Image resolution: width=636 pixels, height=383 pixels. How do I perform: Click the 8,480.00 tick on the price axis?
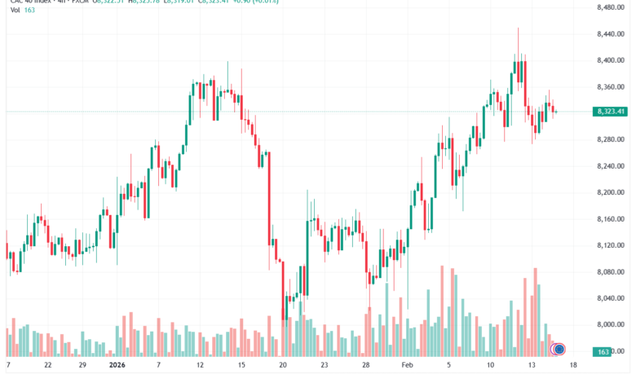pos(610,8)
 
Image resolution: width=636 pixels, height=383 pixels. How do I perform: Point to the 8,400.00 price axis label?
pos(610,61)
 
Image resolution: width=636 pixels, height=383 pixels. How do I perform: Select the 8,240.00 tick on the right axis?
pos(610,166)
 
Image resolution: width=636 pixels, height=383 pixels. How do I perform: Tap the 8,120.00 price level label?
pos(610,245)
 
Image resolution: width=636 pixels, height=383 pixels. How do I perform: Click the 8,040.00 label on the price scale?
pos(610,298)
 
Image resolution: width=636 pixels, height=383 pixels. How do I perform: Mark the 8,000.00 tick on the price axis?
pos(610,324)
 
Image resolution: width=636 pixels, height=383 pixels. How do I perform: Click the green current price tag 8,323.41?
pos(610,111)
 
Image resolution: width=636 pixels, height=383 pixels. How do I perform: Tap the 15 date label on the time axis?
pos(241,366)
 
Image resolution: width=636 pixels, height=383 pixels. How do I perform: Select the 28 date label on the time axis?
pos(366,366)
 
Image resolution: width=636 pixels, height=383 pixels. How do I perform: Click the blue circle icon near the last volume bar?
pos(559,350)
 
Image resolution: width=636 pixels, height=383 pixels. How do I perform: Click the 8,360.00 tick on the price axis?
pos(610,87)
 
